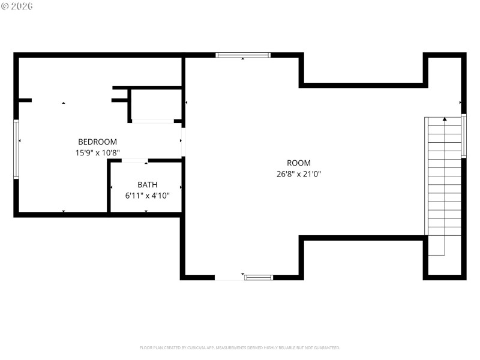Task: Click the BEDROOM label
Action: point(97,142)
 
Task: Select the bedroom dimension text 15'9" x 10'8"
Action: point(97,152)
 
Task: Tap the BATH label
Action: point(147,185)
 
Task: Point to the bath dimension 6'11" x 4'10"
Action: point(147,196)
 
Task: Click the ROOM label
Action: point(298,163)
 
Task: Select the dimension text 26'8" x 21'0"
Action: point(298,174)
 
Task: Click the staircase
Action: point(444,180)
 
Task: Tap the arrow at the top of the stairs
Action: point(445,120)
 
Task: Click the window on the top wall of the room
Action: point(243,55)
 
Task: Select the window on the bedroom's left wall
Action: point(16,149)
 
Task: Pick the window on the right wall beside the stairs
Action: point(464,136)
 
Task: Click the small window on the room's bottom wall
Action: point(259,277)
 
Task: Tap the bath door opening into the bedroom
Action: point(135,160)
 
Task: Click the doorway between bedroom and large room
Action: point(183,142)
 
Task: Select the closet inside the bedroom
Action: point(155,105)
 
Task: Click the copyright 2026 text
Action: point(17,6)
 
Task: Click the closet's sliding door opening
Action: point(152,121)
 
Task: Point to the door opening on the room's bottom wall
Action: point(229,277)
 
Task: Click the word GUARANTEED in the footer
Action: point(325,347)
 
